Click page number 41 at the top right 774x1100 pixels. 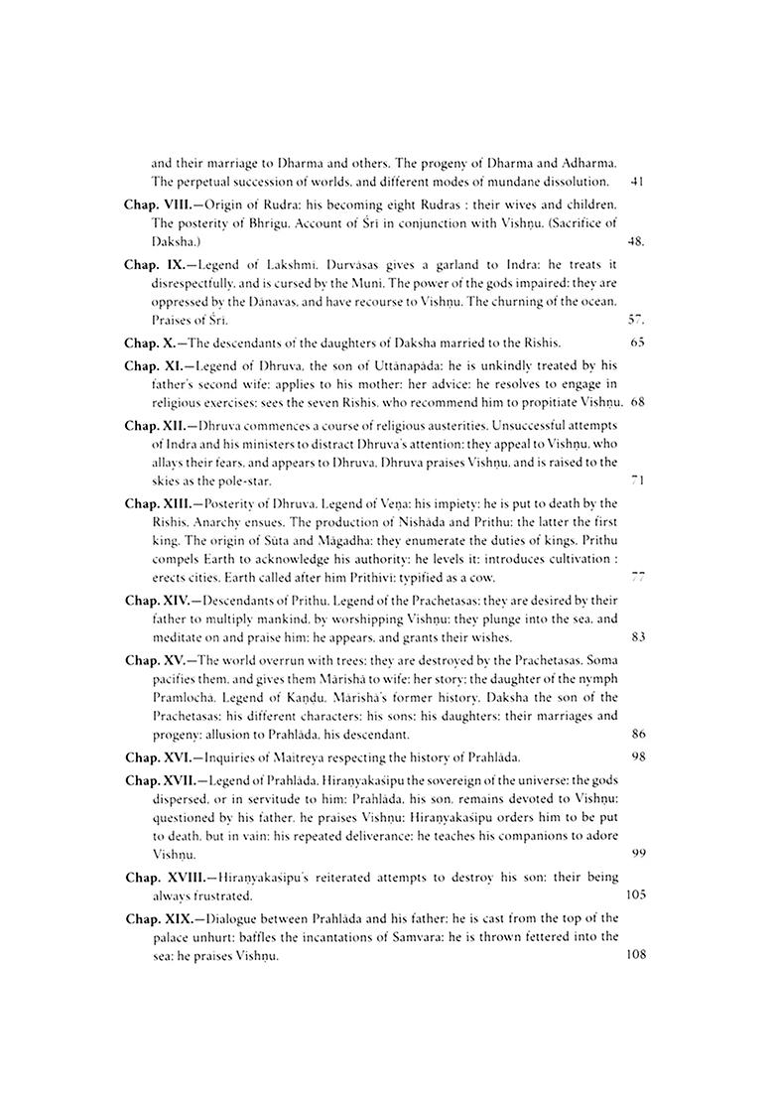coord(637,183)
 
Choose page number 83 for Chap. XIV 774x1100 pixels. coord(637,637)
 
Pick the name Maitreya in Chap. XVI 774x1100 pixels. coord(297,756)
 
